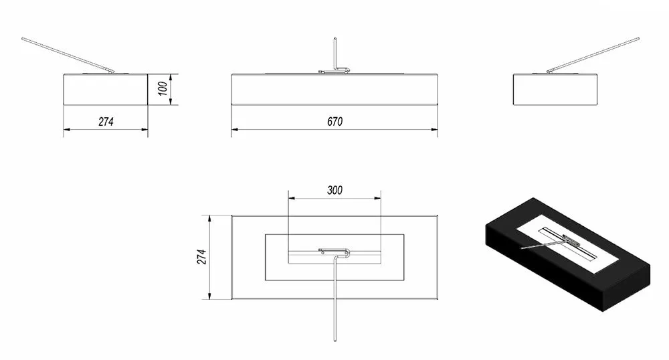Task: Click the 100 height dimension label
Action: pyautogui.click(x=163, y=89)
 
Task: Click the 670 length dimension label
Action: pyautogui.click(x=335, y=122)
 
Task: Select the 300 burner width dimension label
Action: pyautogui.click(x=335, y=190)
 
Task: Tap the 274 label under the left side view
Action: pyautogui.click(x=106, y=122)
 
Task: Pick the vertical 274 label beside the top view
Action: pyautogui.click(x=201, y=257)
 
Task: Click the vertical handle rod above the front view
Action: pyautogui.click(x=335, y=54)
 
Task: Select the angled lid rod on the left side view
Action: pyautogui.click(x=68, y=56)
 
